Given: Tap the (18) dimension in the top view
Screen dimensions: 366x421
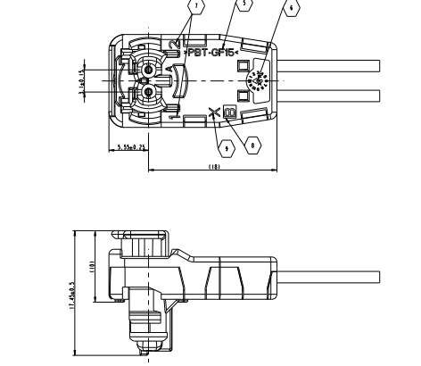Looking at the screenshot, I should (x=214, y=164).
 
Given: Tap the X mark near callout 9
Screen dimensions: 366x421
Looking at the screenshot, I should (x=213, y=113).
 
